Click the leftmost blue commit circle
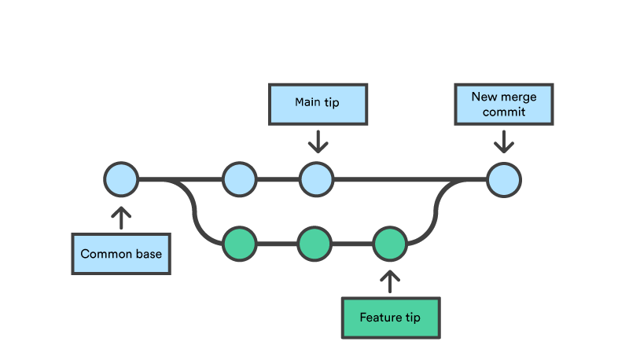point(121,179)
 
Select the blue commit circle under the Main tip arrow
point(316,179)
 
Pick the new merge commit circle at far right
point(503,179)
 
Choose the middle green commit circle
point(314,244)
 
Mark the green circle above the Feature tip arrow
point(389,244)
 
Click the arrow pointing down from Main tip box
point(317,141)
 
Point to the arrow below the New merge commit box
point(503,141)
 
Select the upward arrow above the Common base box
point(121,217)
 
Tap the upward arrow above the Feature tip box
point(390,281)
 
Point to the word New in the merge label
point(484,97)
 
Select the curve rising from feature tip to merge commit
point(436,211)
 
